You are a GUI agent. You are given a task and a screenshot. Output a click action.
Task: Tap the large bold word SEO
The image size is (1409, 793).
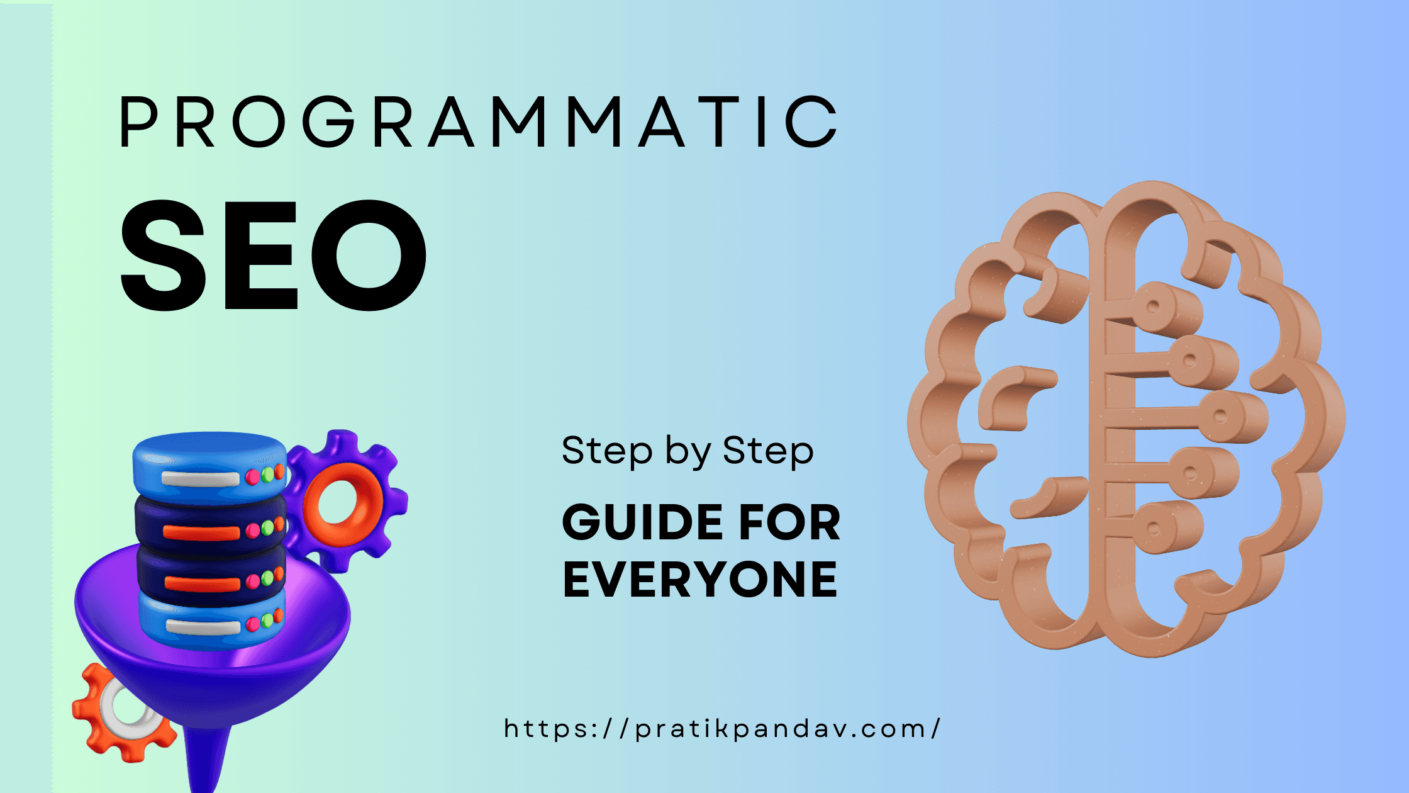click(274, 255)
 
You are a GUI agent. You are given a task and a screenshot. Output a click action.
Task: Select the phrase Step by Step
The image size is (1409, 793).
click(688, 451)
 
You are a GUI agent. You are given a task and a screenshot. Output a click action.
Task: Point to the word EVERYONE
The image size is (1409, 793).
click(700, 580)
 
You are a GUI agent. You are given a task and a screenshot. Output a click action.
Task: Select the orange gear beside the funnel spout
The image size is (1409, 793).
click(94, 724)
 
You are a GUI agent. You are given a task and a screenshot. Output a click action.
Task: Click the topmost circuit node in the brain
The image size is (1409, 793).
click(1153, 307)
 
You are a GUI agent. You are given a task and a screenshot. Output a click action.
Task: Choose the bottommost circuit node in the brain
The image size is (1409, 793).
click(1154, 529)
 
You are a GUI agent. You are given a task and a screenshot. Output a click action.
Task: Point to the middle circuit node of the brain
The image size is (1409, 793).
click(1220, 416)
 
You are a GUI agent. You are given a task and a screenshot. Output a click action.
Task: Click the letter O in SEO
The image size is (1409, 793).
click(371, 255)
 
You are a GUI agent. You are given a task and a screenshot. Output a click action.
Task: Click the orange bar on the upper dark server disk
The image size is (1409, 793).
click(201, 532)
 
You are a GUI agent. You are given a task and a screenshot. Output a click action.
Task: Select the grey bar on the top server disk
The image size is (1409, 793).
click(200, 479)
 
